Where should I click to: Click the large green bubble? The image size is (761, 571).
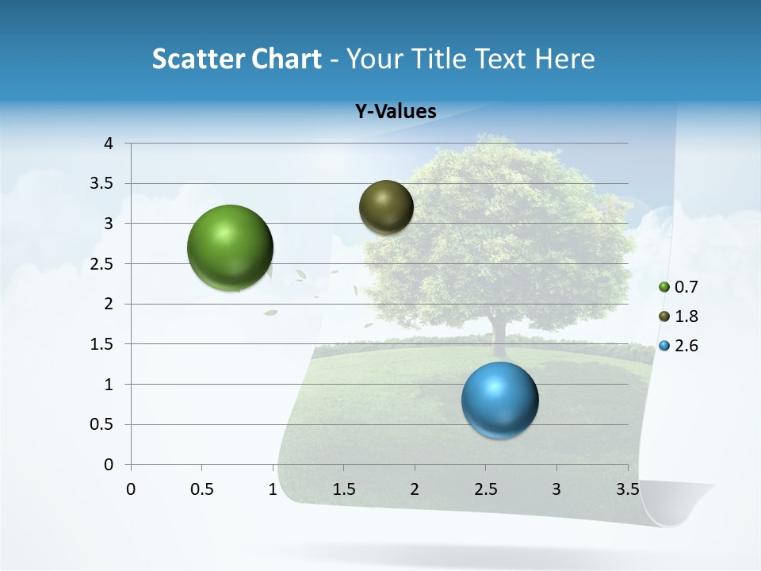(231, 247)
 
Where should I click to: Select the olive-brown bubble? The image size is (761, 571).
(386, 207)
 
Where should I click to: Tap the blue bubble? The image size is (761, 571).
(499, 400)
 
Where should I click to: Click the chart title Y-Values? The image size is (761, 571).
(396, 112)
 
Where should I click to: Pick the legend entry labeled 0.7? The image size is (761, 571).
(679, 287)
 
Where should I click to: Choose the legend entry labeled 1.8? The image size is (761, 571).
(679, 316)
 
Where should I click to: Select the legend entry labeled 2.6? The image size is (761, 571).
(679, 346)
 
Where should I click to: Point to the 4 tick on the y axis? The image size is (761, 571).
(109, 144)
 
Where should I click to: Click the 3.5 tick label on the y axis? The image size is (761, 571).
(101, 183)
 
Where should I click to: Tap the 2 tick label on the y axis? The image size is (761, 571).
(109, 304)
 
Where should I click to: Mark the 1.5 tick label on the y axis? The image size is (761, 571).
(101, 344)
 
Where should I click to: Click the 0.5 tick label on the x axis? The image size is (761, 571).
(201, 489)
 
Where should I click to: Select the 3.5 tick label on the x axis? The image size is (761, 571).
(627, 489)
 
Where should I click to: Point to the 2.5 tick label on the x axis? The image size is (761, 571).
(485, 489)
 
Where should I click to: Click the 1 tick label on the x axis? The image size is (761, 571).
(273, 489)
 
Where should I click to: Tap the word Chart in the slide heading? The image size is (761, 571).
(286, 59)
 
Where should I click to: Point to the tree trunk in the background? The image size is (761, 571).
(499, 337)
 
